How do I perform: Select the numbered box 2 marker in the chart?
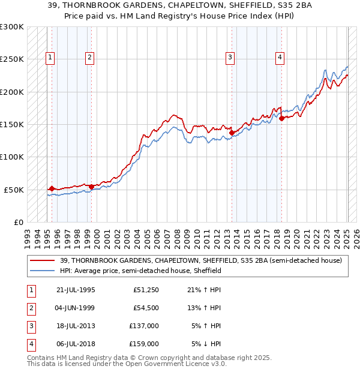coord(89,58)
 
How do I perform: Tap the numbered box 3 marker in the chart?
coord(230,58)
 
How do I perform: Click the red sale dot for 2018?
coord(281,119)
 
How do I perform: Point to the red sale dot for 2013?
coord(232,133)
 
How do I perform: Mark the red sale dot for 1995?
coord(52,188)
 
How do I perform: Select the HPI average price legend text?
coord(140,271)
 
